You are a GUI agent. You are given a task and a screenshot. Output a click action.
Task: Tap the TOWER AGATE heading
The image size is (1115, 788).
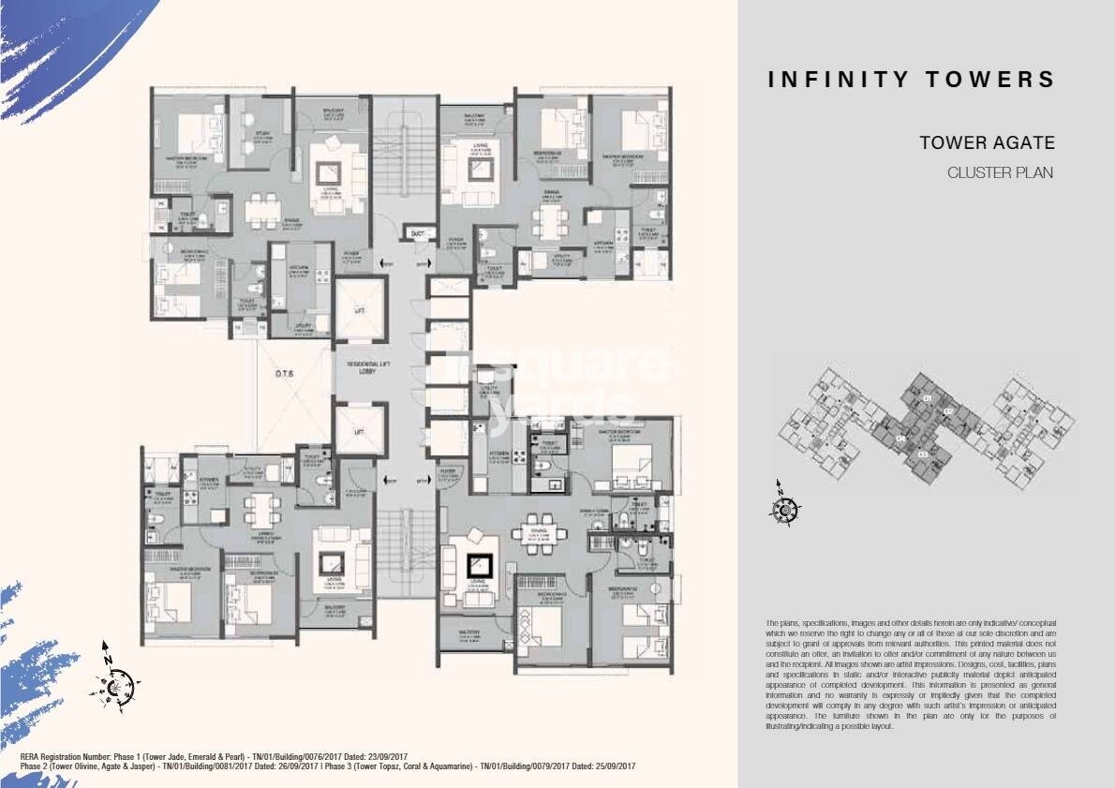pos(987,143)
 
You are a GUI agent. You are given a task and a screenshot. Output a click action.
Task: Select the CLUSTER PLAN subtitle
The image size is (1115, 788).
pos(1001,172)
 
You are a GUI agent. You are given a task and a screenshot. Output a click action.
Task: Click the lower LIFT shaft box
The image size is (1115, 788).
pos(359,430)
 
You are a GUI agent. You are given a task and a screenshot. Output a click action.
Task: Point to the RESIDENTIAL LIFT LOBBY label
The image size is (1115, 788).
pos(358,368)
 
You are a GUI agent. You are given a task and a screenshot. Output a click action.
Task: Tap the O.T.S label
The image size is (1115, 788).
pos(286,373)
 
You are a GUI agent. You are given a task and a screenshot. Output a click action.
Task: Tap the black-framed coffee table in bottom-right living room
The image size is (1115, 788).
pos(480,566)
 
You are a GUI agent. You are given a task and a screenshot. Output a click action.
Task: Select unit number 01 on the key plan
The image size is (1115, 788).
pos(927,400)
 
